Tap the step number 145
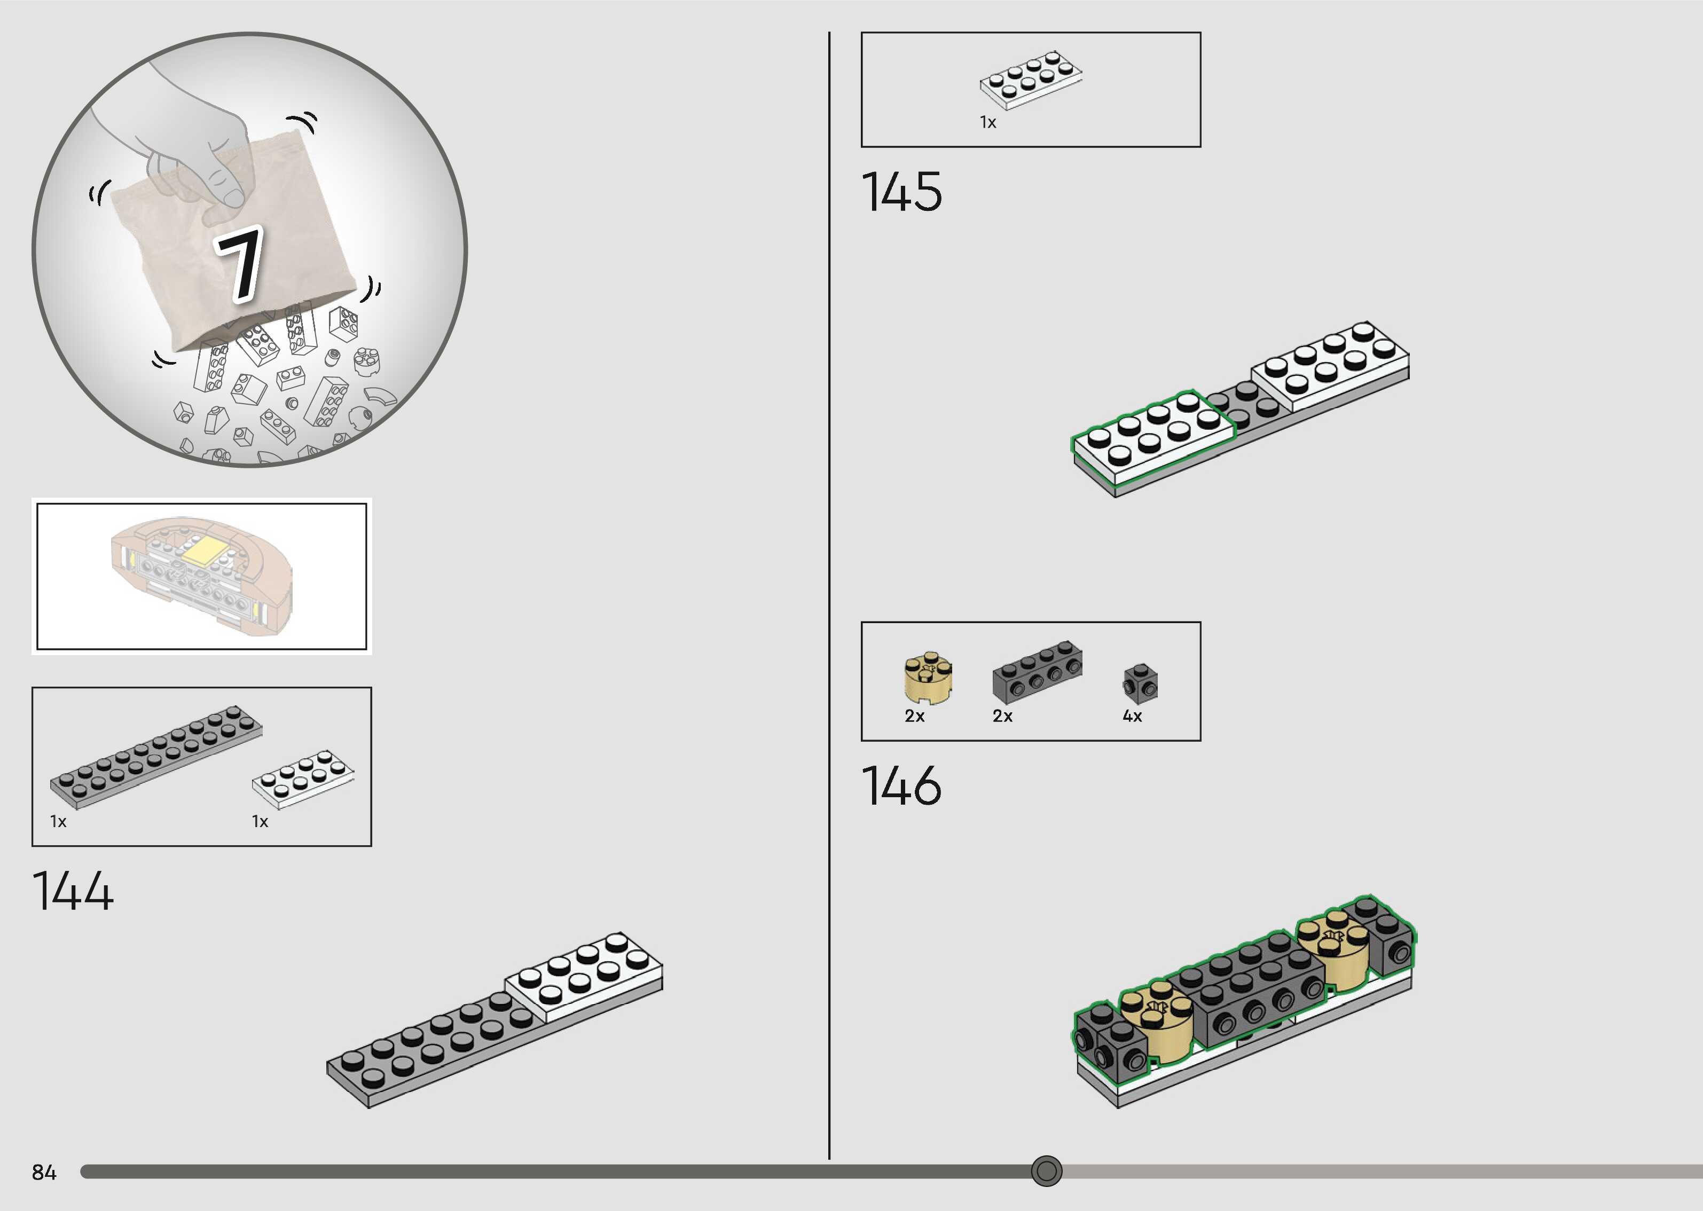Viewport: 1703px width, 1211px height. pyautogui.click(x=901, y=192)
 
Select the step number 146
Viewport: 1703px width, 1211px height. pyautogui.click(x=901, y=785)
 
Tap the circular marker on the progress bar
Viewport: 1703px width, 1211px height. pyautogui.click(x=1046, y=1171)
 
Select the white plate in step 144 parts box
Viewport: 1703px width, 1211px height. pyautogui.click(x=303, y=779)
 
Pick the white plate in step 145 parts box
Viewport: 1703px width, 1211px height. pyautogui.click(x=1031, y=80)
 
